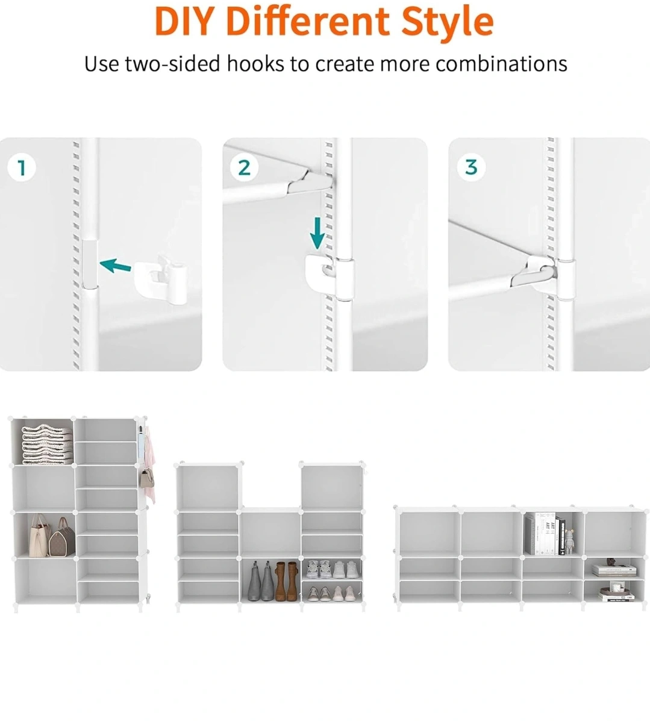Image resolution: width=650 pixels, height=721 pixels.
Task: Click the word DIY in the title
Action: [x=184, y=21]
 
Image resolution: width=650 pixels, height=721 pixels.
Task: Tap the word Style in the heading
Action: [x=448, y=23]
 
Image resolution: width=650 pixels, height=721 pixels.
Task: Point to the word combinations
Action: [x=501, y=64]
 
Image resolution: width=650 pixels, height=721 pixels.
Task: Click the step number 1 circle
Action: [x=22, y=167]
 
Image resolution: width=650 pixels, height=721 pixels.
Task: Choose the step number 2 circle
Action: [x=244, y=167]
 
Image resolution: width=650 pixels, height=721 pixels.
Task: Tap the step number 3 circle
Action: [x=471, y=167]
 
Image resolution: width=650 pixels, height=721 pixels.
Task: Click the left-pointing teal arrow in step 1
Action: [x=115, y=265]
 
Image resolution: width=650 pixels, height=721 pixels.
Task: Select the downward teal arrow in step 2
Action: [x=317, y=233]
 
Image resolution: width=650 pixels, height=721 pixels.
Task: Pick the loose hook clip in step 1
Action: [x=161, y=281]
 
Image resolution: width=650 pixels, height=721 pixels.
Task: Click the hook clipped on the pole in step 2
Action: [x=330, y=276]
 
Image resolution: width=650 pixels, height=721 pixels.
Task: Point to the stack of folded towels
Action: [x=48, y=444]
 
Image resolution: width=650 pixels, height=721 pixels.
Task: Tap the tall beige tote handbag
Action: [x=40, y=535]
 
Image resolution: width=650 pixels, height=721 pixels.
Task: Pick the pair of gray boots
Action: [x=261, y=581]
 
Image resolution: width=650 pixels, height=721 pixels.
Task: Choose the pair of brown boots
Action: [x=287, y=581]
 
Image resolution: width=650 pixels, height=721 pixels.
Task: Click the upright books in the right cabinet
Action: [x=546, y=534]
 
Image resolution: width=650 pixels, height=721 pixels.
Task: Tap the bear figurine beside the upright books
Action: [x=569, y=542]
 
